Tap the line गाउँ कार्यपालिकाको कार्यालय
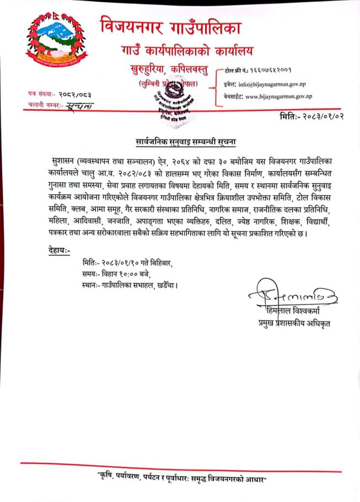[187, 52]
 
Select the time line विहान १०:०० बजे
[115, 274]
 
